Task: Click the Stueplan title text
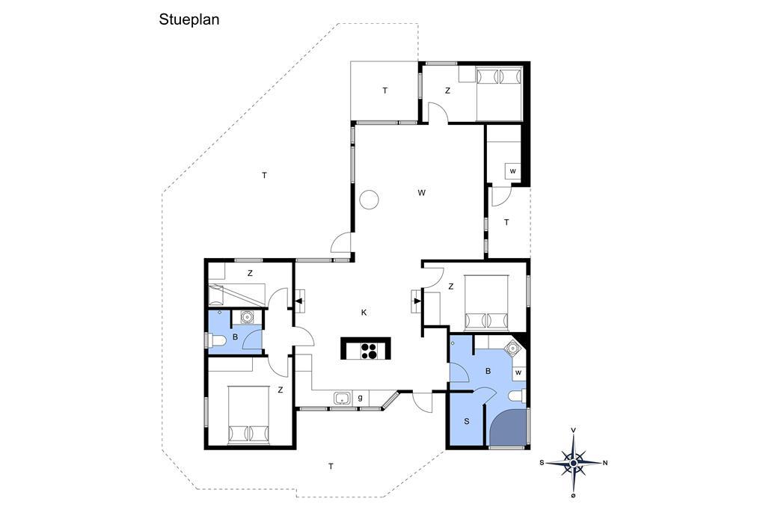[x=189, y=20]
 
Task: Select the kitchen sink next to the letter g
[x=343, y=398]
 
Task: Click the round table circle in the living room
[x=369, y=199]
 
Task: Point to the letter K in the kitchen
[x=364, y=313]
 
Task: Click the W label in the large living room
[x=422, y=192]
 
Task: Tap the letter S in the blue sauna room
[x=467, y=421]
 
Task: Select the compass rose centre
[x=574, y=461]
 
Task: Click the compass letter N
[x=605, y=463]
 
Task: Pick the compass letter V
[x=574, y=430]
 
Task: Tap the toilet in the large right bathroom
[x=517, y=395]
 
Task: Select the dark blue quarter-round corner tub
[x=508, y=427]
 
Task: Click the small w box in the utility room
[x=513, y=171]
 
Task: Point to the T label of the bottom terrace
[x=331, y=467]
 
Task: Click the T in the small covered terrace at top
[x=385, y=90]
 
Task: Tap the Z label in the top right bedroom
[x=447, y=91]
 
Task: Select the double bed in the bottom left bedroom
[x=248, y=415]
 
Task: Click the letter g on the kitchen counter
[x=360, y=398]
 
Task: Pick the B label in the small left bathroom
[x=235, y=337]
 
